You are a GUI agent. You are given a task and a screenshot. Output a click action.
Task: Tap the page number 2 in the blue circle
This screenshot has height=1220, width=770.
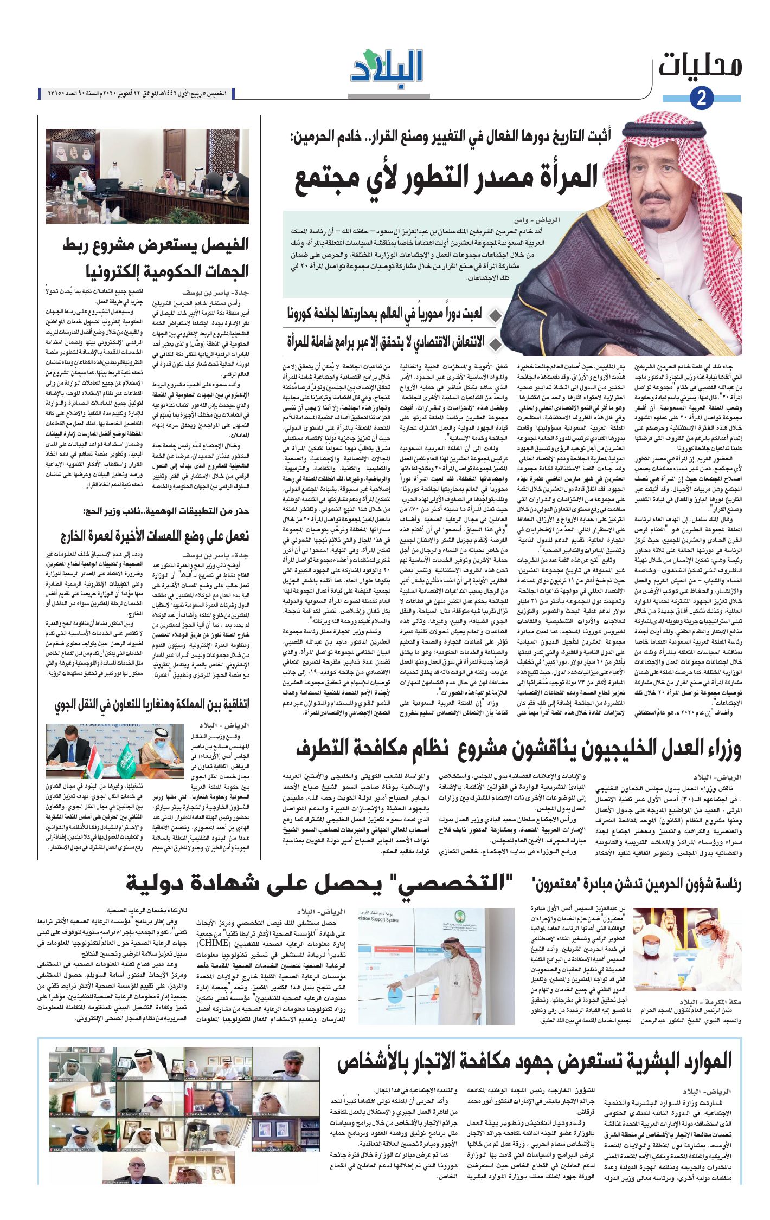702,98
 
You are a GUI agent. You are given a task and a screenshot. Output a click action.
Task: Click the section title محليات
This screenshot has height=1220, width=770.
700,66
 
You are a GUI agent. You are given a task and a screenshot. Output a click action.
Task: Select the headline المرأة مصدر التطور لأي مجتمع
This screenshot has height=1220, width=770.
446,178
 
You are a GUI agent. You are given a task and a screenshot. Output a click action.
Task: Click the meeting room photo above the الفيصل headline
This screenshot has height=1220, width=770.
147,176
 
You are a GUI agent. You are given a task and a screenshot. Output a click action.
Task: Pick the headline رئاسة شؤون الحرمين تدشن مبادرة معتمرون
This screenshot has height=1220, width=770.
637,884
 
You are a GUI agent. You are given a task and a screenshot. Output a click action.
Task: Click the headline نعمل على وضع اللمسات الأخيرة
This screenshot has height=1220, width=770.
155,536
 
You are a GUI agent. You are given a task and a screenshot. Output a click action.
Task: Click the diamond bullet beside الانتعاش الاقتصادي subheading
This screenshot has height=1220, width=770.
494,343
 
